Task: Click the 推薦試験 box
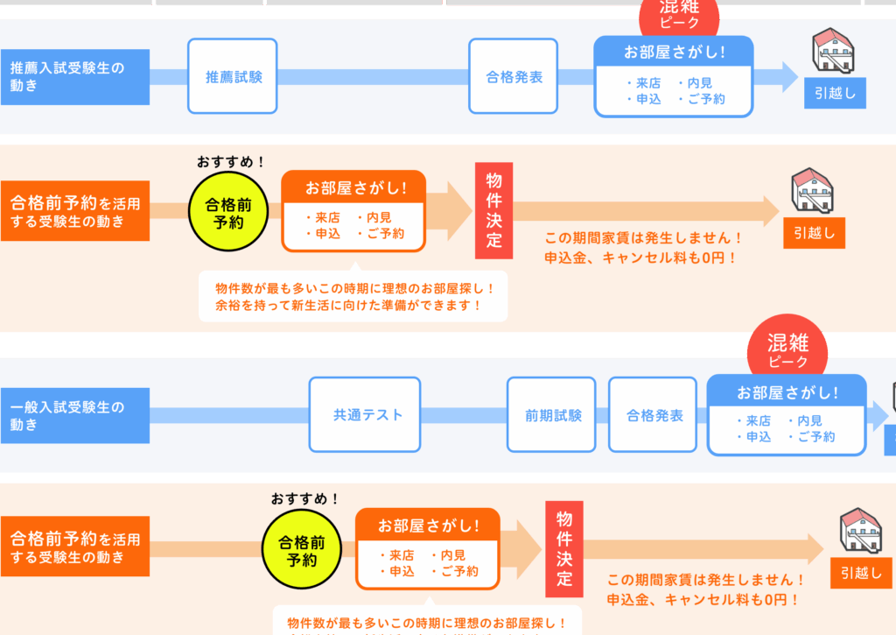coord(233,76)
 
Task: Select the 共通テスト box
coord(365,415)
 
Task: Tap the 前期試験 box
coord(552,415)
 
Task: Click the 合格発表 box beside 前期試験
coord(654,415)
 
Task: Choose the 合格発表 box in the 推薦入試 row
coord(514,76)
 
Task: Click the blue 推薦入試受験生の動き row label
coord(74,77)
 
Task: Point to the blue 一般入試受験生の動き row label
coord(74,416)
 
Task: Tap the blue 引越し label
coord(835,93)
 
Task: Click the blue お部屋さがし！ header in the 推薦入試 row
coord(674,52)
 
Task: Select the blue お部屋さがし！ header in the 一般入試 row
coord(787,392)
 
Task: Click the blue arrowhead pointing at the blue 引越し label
coord(789,76)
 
